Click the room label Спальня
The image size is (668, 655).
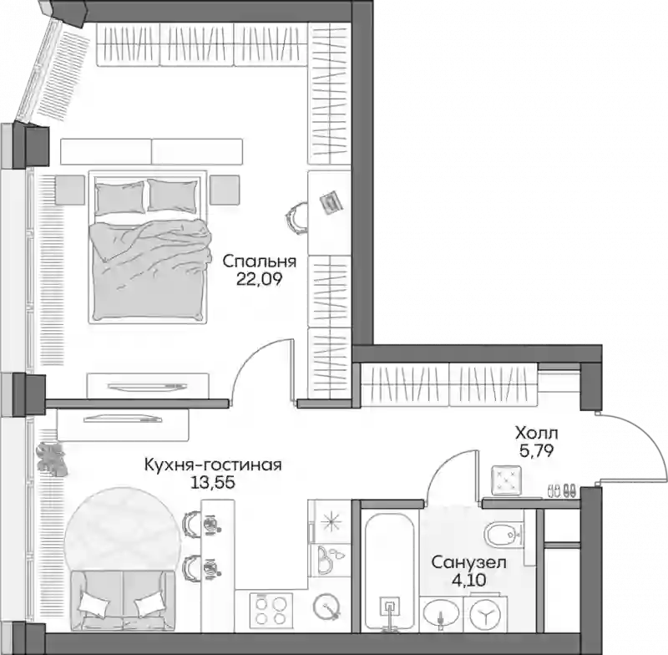260,261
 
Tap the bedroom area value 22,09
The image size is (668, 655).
260,279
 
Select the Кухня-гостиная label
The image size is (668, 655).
213,465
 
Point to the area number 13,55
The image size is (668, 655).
213,483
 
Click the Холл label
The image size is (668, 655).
536,434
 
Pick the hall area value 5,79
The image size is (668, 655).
536,450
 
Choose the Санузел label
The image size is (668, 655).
468,563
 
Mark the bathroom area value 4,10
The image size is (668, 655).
468,580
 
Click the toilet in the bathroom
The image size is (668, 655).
504,533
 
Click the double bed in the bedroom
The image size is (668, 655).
149,246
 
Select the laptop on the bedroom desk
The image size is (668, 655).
331,202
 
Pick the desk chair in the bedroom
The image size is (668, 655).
296,217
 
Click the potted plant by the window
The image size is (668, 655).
52,459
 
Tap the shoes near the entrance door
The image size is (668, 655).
560,490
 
